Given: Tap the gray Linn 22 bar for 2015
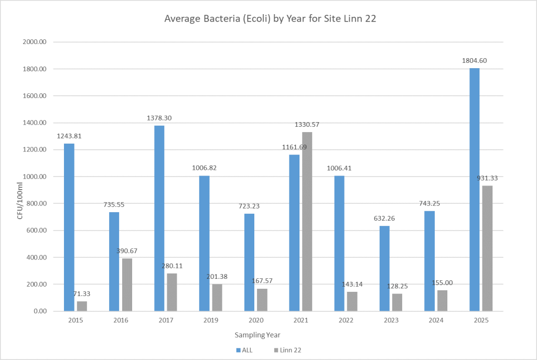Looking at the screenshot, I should coord(82,306).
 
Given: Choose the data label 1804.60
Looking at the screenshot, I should coord(474,61).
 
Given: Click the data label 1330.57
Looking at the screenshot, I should coord(307,125).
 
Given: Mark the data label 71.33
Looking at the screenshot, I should coord(82,293).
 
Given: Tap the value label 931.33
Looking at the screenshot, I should coord(487,178).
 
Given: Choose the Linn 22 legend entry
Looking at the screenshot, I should coord(287,350).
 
